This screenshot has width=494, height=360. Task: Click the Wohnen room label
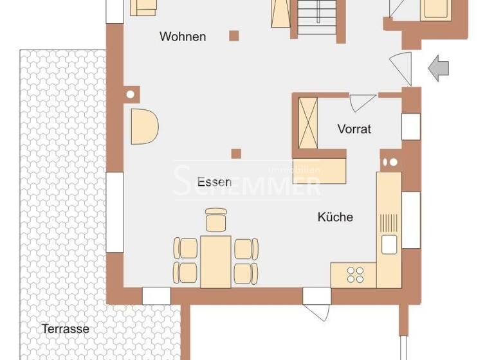(x=183, y=37)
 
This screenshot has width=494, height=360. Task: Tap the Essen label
(x=214, y=182)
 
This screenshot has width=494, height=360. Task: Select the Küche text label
(x=335, y=217)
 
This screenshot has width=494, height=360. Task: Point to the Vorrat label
(x=354, y=129)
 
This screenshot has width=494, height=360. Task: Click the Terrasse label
(x=65, y=329)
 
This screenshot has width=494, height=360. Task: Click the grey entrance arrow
(x=440, y=68)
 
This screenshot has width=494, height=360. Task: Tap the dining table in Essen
(x=215, y=261)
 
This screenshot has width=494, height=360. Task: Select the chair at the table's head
(x=216, y=219)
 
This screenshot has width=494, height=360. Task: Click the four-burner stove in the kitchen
(x=355, y=275)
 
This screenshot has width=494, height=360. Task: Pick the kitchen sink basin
(x=389, y=244)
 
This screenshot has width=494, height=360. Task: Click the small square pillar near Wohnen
(x=235, y=36)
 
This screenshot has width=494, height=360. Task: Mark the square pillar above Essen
(x=236, y=153)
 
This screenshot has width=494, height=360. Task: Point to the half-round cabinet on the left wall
(x=143, y=126)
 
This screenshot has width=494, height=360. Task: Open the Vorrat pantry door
(x=361, y=102)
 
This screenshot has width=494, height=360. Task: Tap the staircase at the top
(x=316, y=17)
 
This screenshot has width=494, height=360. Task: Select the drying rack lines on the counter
(x=389, y=222)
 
